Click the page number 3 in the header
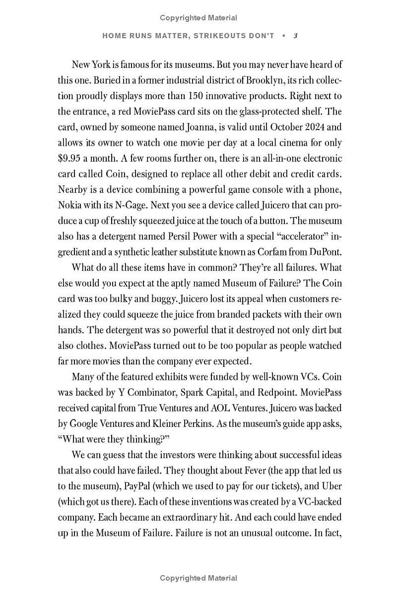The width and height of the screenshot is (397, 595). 295,36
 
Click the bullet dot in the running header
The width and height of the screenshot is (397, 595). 283,36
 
